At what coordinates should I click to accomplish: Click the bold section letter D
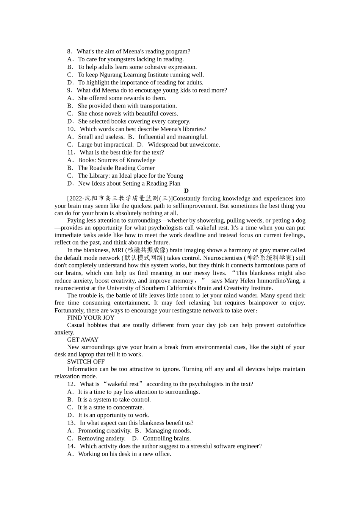point(186,191)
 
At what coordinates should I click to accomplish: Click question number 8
point(69,52)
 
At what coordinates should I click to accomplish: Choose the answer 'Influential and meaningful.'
point(173,137)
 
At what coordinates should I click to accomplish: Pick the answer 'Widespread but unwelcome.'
point(184,145)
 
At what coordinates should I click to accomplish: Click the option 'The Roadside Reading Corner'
point(116,168)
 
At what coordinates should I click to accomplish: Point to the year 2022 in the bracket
point(75,198)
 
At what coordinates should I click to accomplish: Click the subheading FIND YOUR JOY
point(91,318)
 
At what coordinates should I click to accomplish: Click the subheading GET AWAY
point(83,340)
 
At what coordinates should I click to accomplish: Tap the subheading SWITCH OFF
point(86,362)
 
